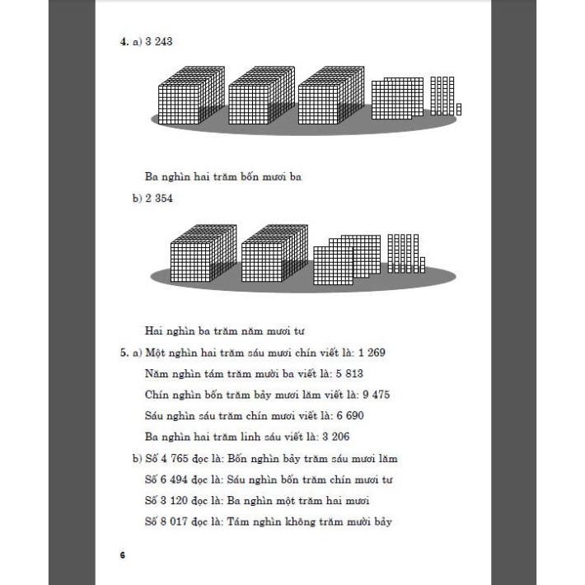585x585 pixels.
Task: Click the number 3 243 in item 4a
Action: coord(159,41)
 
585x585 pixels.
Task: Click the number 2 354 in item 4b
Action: coord(159,198)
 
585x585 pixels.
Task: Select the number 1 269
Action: coord(371,352)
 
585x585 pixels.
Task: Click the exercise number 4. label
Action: coord(123,41)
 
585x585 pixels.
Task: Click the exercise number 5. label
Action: coord(123,352)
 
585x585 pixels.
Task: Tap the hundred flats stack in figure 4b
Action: coord(346,260)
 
